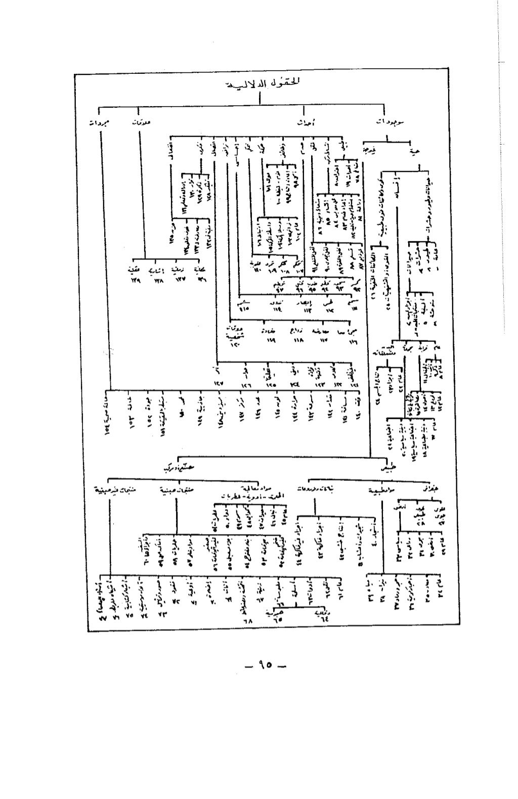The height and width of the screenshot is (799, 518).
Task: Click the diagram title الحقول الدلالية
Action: tap(260, 83)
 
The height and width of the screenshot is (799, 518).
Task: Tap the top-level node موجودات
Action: tap(394, 122)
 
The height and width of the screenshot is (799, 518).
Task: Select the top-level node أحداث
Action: tap(303, 123)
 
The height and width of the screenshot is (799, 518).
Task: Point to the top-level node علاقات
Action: tap(140, 122)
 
